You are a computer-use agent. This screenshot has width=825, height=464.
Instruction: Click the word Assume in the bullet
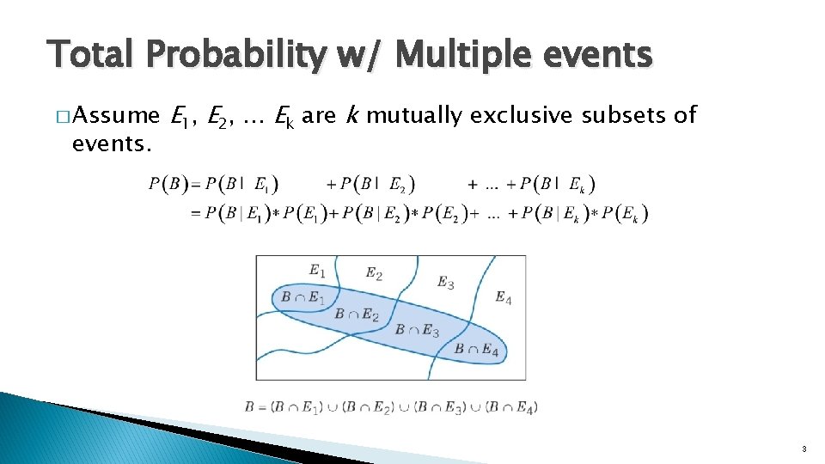click(116, 115)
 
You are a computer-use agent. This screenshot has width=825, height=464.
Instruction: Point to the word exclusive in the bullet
click(522, 115)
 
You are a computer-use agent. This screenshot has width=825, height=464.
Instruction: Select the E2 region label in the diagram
click(374, 273)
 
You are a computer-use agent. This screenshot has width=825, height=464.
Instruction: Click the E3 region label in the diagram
click(445, 282)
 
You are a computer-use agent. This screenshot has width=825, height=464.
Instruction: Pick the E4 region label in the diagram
click(504, 298)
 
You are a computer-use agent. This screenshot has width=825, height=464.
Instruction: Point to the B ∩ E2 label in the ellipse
click(357, 314)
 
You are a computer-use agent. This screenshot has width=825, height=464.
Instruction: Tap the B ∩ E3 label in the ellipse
click(417, 332)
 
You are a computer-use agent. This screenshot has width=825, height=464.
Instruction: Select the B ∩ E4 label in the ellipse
click(476, 349)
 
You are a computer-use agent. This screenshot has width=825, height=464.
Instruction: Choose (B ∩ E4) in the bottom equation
click(511, 406)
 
